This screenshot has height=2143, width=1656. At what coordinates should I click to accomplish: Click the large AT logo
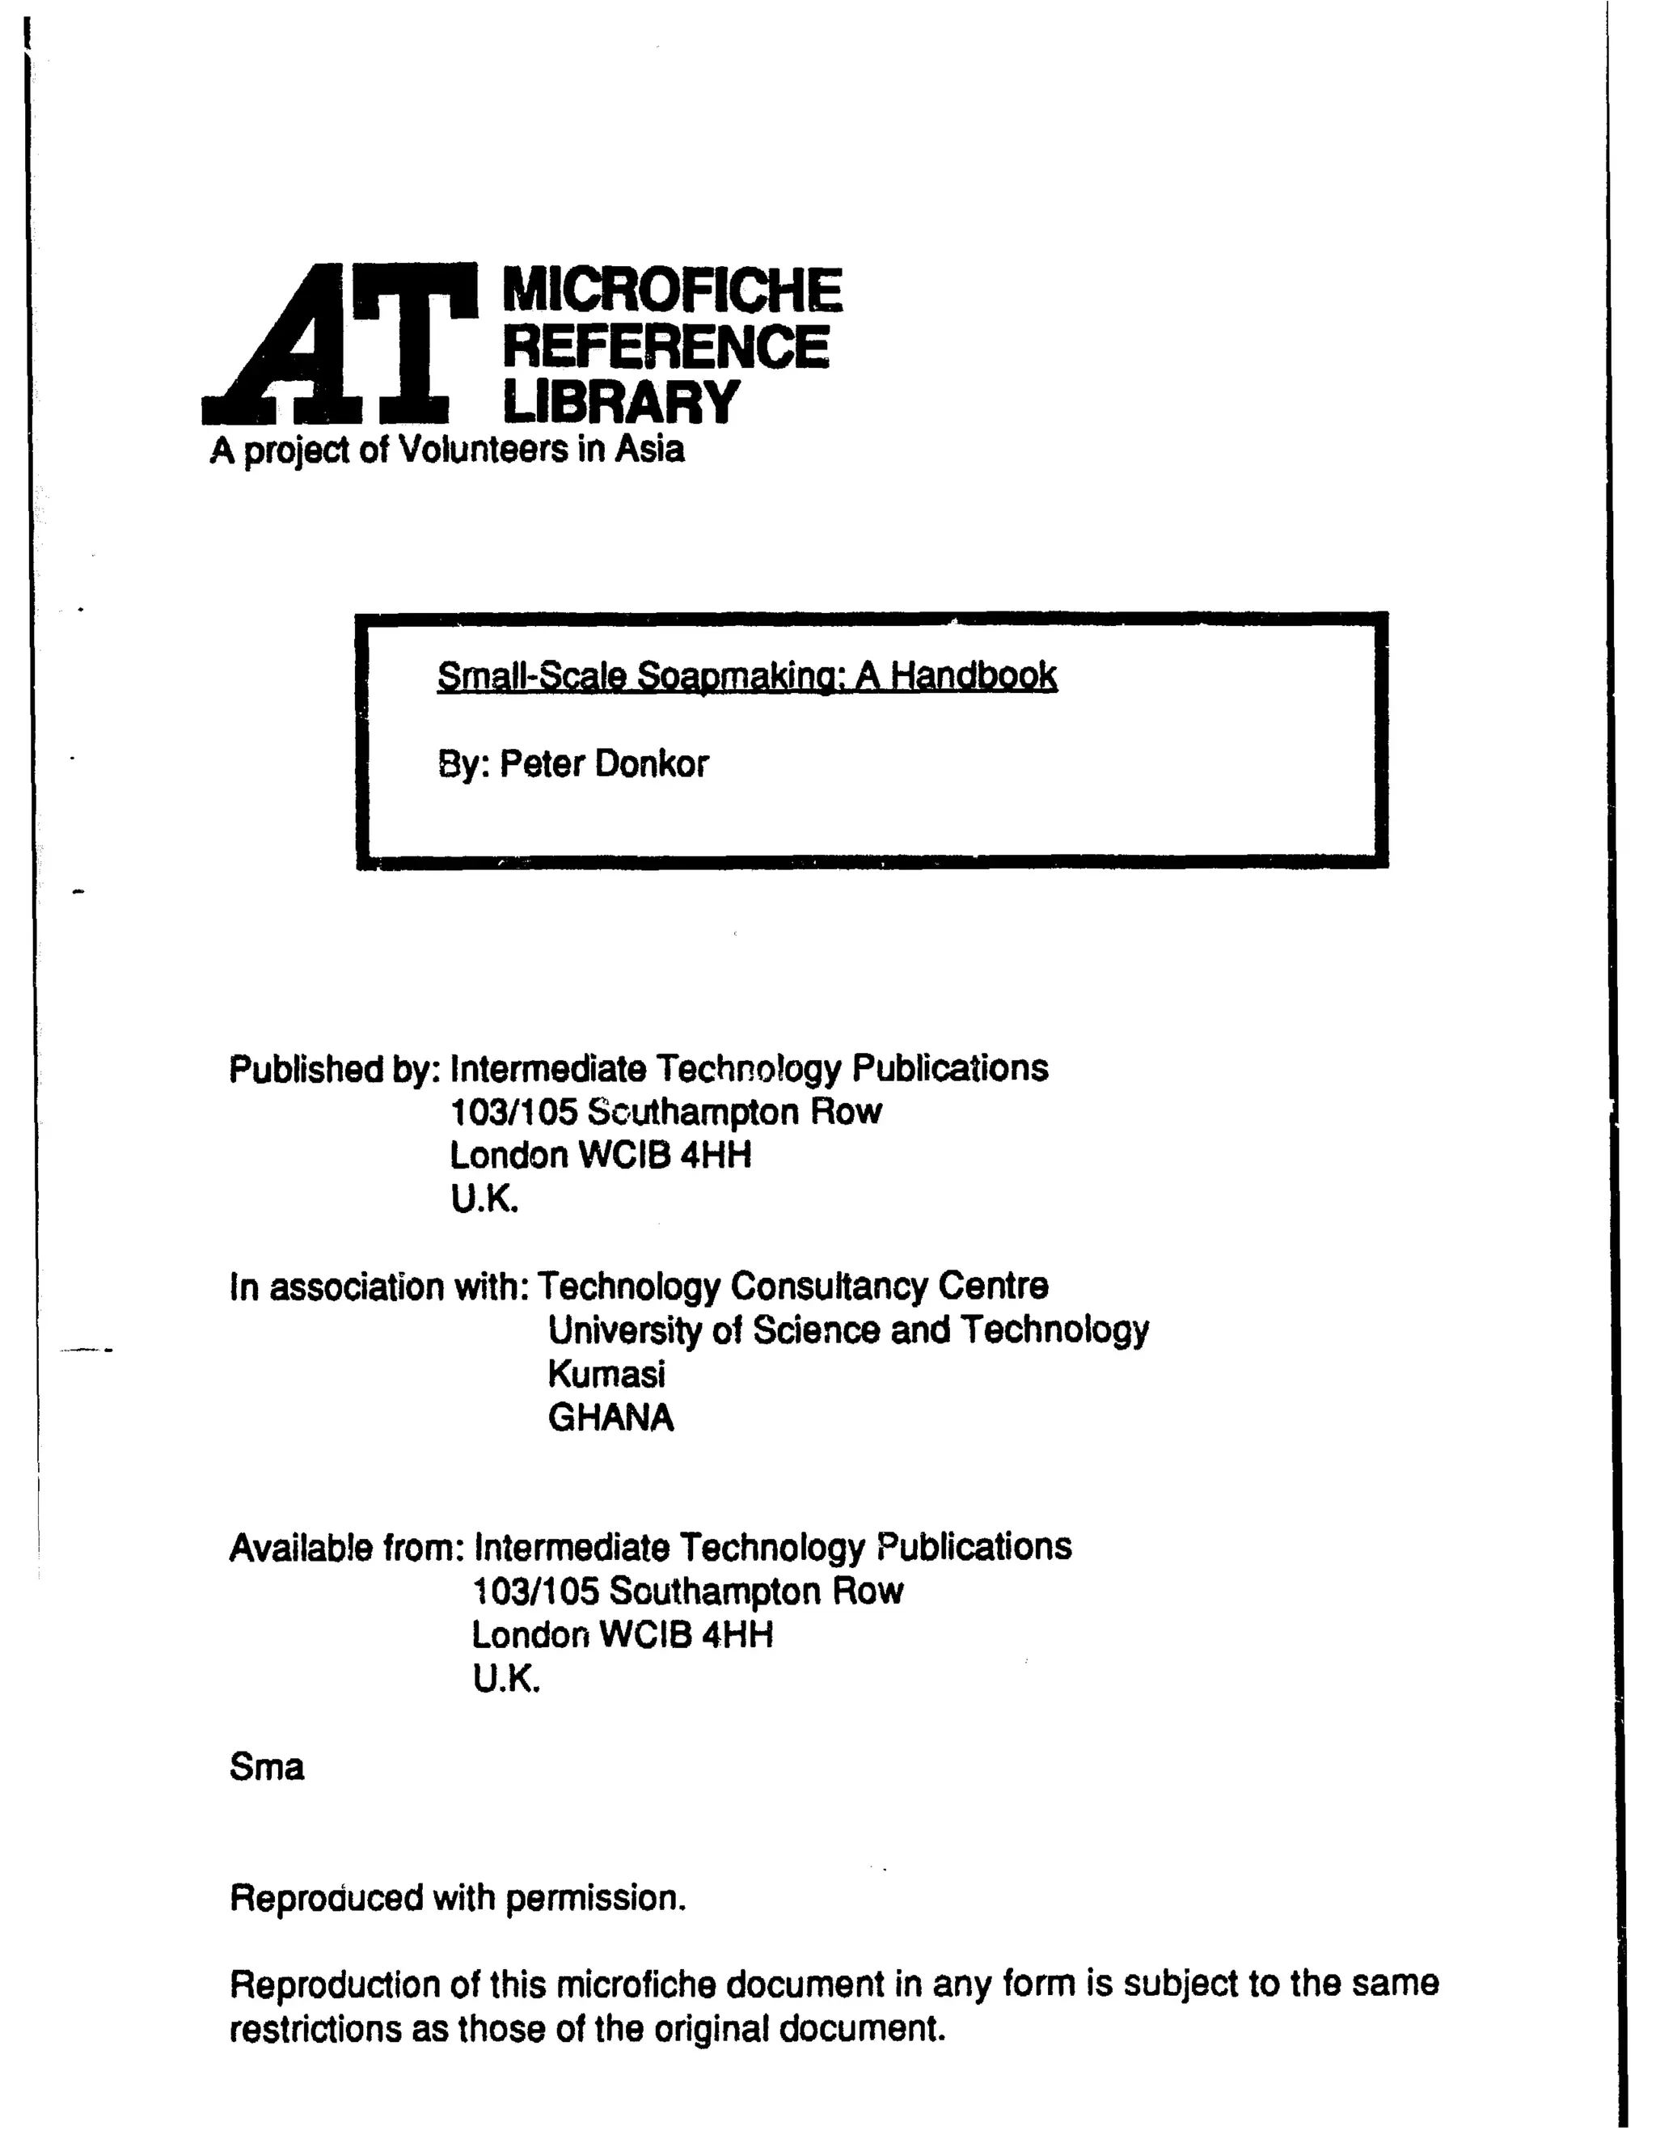point(339,344)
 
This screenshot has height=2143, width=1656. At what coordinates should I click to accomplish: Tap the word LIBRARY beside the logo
point(620,401)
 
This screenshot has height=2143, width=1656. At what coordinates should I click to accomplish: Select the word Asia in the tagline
point(648,450)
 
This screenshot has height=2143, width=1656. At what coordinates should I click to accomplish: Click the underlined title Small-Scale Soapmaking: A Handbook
point(746,676)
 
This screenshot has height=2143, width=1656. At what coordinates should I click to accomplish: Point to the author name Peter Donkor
point(603,763)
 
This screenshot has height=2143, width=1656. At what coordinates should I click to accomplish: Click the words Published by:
point(335,1070)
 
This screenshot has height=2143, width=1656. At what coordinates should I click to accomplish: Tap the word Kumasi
point(606,1374)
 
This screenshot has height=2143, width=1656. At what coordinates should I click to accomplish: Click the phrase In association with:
point(378,1287)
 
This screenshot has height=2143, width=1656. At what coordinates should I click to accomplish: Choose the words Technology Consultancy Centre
point(792,1286)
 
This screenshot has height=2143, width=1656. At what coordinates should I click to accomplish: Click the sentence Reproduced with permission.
point(457,1898)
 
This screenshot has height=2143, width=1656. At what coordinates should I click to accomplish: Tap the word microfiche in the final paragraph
point(640,1984)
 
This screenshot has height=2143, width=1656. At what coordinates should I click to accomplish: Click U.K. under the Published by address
point(484,1199)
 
